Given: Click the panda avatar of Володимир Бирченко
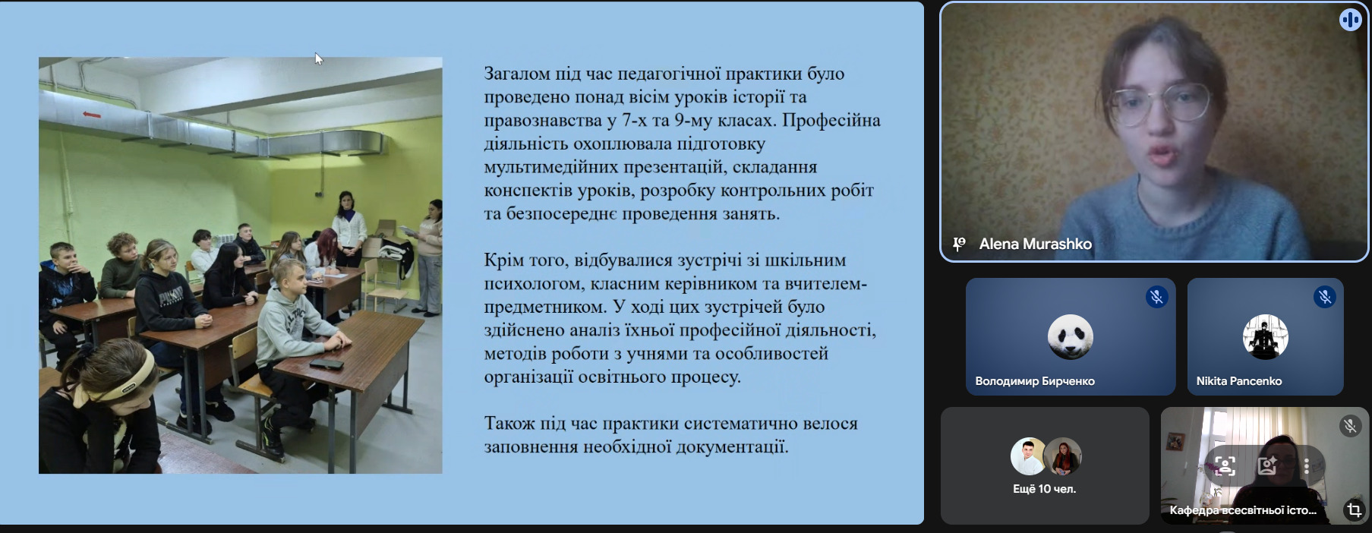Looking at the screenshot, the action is tap(1071, 336).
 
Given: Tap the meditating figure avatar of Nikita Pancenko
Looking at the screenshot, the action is tap(1265, 336).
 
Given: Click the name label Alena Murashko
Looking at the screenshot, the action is tap(1035, 244).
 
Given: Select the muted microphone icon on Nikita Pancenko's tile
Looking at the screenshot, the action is tap(1325, 297).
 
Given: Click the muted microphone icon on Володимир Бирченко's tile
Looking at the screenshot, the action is tap(1156, 297).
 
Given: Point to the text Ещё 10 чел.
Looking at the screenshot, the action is tap(1044, 489).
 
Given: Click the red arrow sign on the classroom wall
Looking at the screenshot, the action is tap(92, 115).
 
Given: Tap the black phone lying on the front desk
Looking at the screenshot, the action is tap(326, 364).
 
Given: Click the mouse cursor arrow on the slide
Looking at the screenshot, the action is tap(319, 58).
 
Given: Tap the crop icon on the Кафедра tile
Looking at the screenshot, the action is tap(1353, 509).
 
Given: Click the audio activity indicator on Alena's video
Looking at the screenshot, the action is tap(1350, 20).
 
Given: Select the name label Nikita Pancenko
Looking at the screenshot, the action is tap(1239, 381).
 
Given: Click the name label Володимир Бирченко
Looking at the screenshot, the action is tap(1035, 381).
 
